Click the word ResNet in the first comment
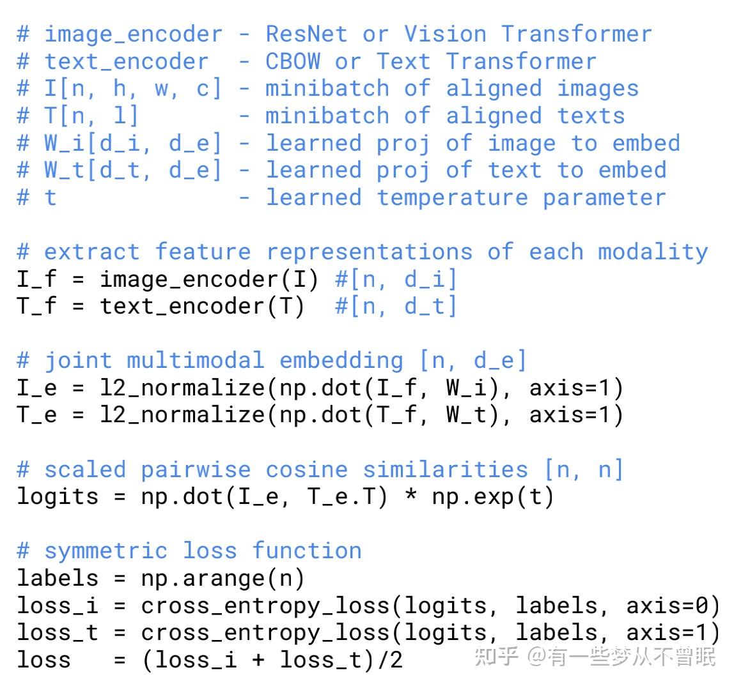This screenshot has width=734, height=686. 307,34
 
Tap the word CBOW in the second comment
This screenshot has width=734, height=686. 293,61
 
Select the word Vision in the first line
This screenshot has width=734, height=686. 445,34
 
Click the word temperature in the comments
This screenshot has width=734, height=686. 452,197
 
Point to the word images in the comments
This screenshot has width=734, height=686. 598,88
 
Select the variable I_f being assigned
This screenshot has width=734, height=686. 37,279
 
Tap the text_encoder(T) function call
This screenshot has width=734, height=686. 202,307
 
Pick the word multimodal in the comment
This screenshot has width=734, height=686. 195,360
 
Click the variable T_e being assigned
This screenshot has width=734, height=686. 37,415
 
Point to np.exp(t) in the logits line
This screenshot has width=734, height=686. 493,496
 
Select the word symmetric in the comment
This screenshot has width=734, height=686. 105,551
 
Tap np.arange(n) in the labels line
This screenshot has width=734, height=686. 223,578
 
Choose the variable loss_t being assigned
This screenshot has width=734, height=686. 58,632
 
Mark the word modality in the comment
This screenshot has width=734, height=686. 652,252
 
